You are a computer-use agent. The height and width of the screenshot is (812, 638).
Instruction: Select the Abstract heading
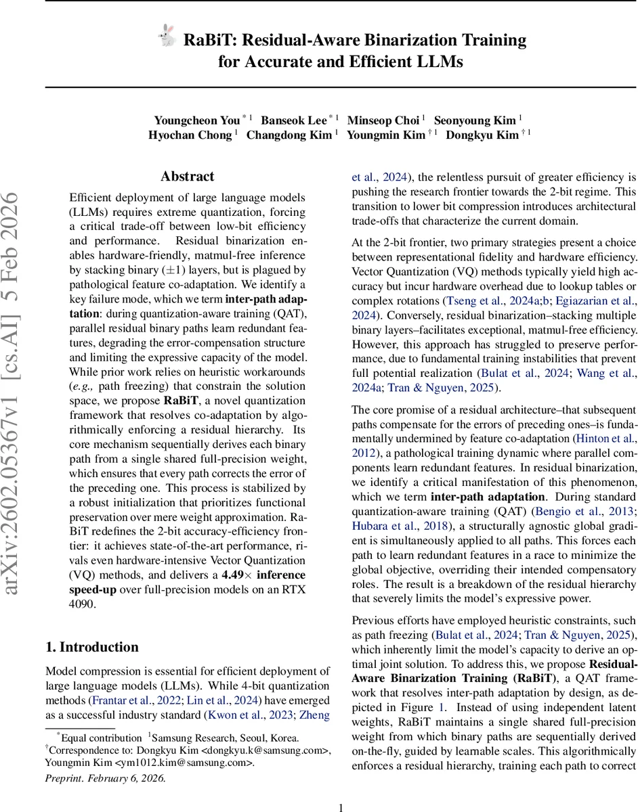188,177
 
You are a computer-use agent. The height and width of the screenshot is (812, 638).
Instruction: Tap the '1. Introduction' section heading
92,647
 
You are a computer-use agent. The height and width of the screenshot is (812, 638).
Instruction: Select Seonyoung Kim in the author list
475,120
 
